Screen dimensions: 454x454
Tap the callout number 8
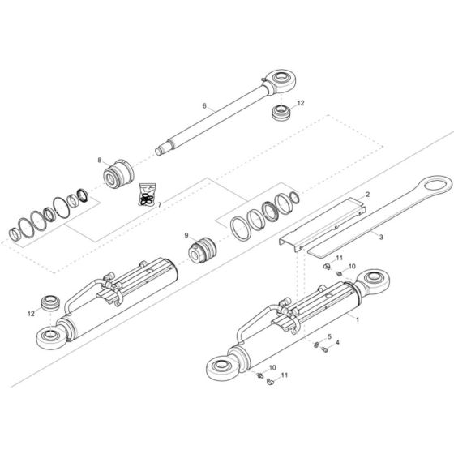[x=100, y=161]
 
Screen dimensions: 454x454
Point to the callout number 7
[x=159, y=204]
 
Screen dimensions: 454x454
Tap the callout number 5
[x=328, y=336]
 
